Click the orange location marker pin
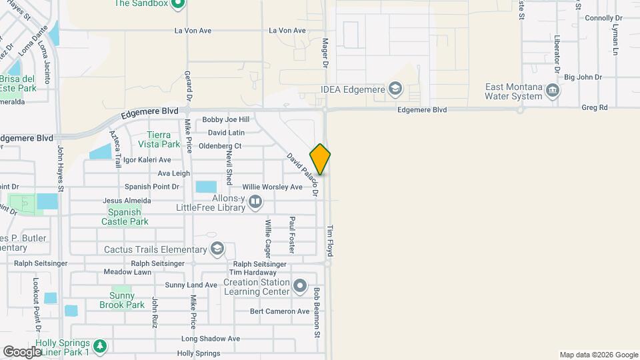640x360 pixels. point(320,159)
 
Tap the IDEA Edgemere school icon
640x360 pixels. point(395,88)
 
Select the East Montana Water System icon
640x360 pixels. point(552,90)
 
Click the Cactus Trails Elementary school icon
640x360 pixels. point(217,249)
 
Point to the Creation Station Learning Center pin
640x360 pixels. point(300,287)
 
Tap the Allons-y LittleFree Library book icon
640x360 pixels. point(255,202)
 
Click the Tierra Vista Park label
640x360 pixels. point(159,139)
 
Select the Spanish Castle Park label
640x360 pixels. point(125,217)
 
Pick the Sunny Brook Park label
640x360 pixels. point(122,300)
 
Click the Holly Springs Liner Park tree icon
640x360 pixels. point(99,345)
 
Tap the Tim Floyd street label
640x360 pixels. point(329,241)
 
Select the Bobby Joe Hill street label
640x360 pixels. point(226,119)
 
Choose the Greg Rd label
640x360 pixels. point(594,107)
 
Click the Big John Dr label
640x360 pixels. point(583,77)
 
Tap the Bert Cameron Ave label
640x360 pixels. point(280,311)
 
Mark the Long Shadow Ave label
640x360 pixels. point(210,339)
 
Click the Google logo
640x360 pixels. point(22,351)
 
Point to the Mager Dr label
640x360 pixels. point(326,53)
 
